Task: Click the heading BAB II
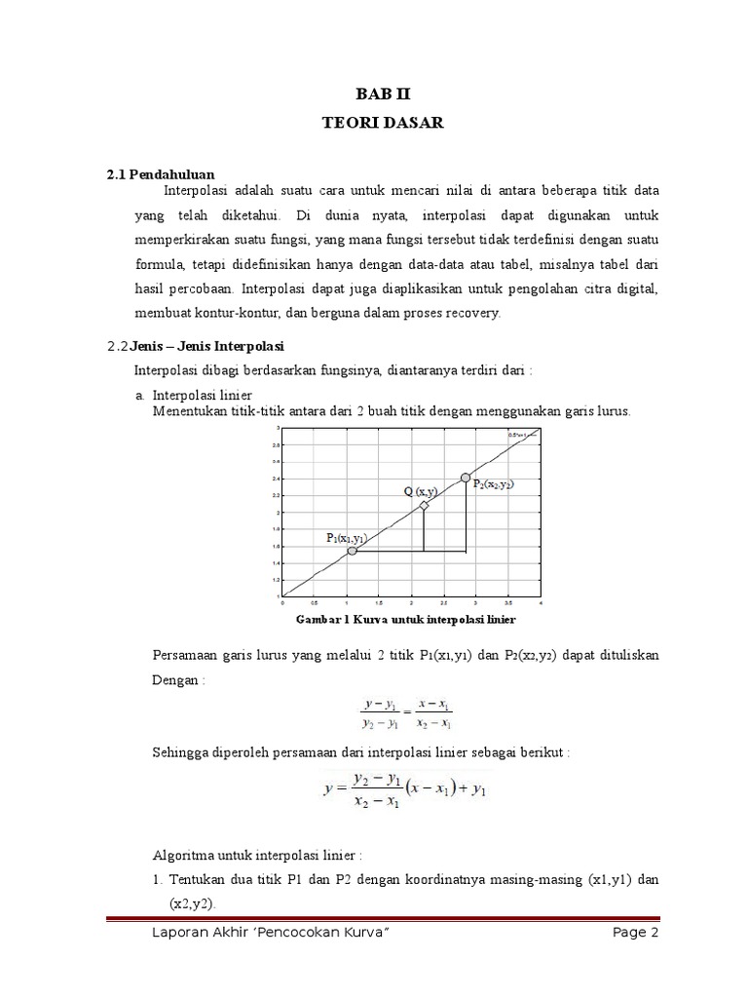(x=375, y=95)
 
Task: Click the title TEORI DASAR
(x=375, y=124)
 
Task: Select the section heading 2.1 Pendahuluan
(x=160, y=174)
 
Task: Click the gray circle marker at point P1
(x=353, y=551)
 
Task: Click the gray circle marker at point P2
(x=466, y=477)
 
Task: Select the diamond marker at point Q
(x=424, y=505)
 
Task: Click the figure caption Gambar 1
(x=403, y=619)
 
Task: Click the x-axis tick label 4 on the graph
(x=540, y=603)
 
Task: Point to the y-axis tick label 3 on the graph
(x=279, y=428)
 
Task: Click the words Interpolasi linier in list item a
(x=203, y=395)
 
